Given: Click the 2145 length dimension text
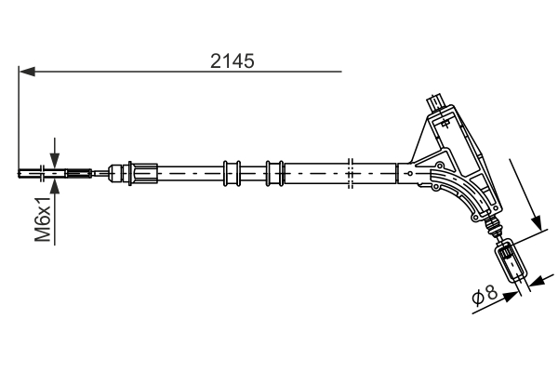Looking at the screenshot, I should pyautogui.click(x=232, y=60).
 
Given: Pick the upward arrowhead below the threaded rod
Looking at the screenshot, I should pyautogui.click(x=55, y=184).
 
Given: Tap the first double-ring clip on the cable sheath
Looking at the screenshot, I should pyautogui.click(x=232, y=172).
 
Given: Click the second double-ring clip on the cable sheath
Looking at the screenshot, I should pyautogui.click(x=273, y=172).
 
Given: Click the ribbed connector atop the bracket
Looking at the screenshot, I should pyautogui.click(x=434, y=100).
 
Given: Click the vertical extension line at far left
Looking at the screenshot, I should pyautogui.click(x=18, y=121).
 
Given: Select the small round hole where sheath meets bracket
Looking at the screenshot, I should pyautogui.click(x=409, y=172).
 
